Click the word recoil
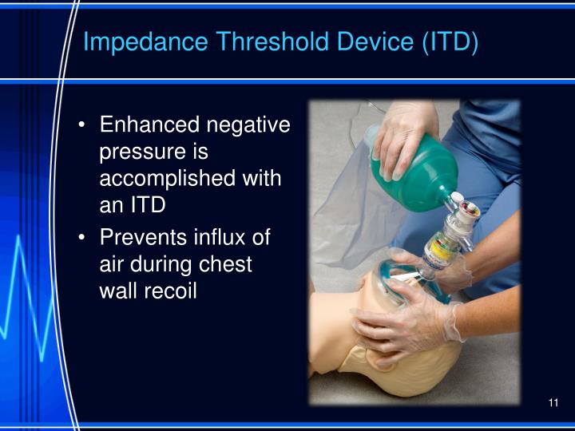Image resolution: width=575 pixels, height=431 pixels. [174, 290]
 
